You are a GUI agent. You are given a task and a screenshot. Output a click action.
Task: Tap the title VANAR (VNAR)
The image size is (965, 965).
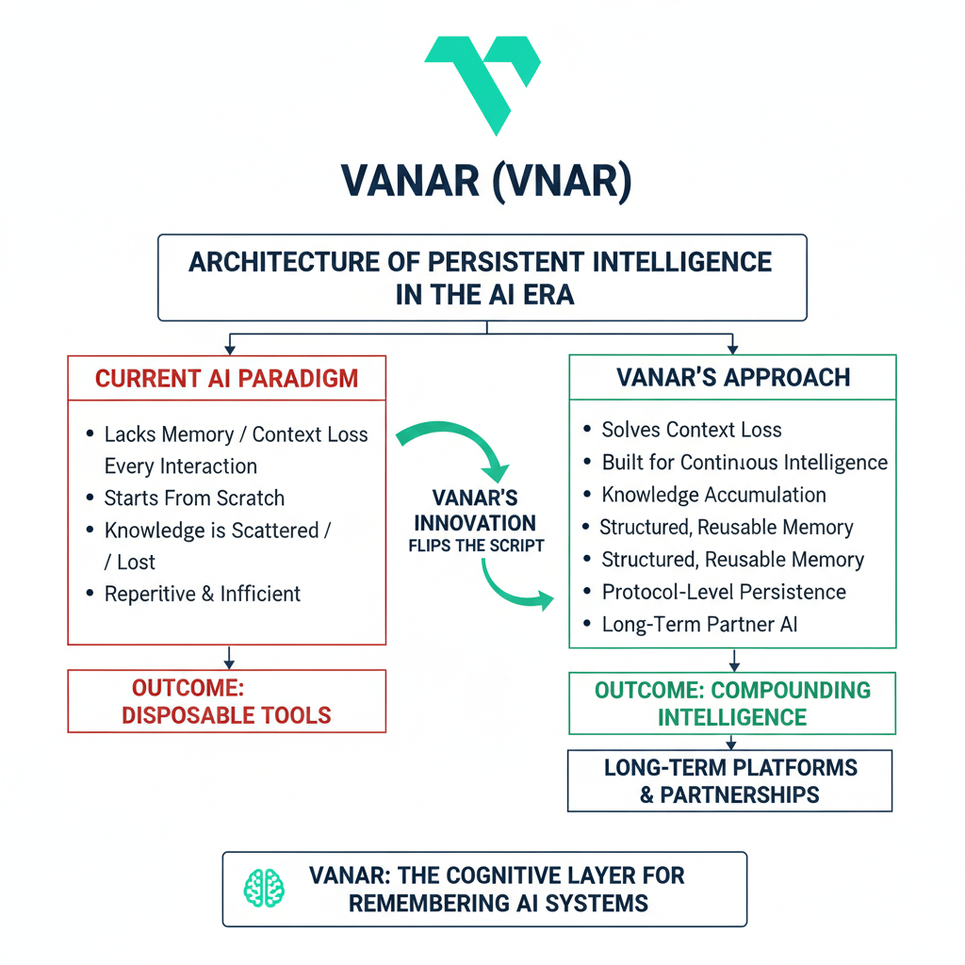tap(482, 181)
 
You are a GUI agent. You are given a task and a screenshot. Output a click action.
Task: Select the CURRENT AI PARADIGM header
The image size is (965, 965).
tap(226, 379)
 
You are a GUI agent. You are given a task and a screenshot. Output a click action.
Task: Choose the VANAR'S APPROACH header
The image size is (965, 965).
tap(732, 378)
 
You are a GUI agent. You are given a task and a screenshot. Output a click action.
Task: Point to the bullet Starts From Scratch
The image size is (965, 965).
tap(194, 498)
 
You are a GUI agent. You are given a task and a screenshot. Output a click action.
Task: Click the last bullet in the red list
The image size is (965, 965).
tap(202, 594)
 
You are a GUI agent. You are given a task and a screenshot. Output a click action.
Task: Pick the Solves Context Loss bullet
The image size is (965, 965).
tap(692, 430)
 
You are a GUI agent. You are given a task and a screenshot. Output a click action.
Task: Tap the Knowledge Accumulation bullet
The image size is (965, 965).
tap(713, 495)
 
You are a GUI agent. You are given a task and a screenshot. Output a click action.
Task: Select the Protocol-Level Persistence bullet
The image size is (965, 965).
tap(724, 592)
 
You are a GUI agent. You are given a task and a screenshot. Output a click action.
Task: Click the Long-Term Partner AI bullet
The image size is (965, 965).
tap(699, 624)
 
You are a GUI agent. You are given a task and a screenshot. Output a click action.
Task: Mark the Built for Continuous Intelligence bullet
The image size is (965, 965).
tap(744, 463)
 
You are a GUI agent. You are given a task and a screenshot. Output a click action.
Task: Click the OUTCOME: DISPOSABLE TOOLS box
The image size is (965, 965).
tap(226, 701)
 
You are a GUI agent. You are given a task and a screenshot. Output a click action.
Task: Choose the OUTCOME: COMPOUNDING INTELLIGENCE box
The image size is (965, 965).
tap(732, 703)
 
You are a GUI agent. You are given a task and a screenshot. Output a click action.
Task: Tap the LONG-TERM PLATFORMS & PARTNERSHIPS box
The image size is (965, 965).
tap(729, 780)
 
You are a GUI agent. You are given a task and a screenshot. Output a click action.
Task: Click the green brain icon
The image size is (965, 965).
tap(265, 887)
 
